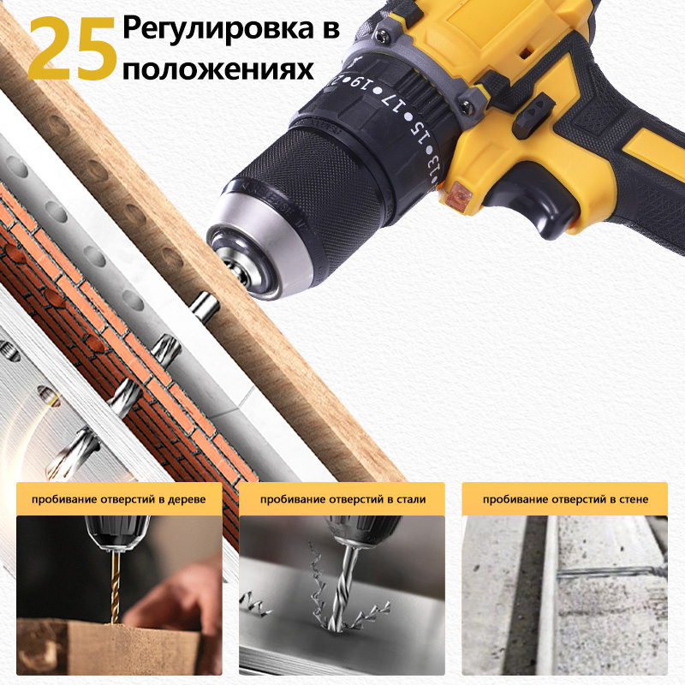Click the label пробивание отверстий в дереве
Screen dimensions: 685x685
[119, 499]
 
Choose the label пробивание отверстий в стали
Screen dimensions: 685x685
[342, 499]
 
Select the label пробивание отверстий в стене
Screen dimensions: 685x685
[564, 499]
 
